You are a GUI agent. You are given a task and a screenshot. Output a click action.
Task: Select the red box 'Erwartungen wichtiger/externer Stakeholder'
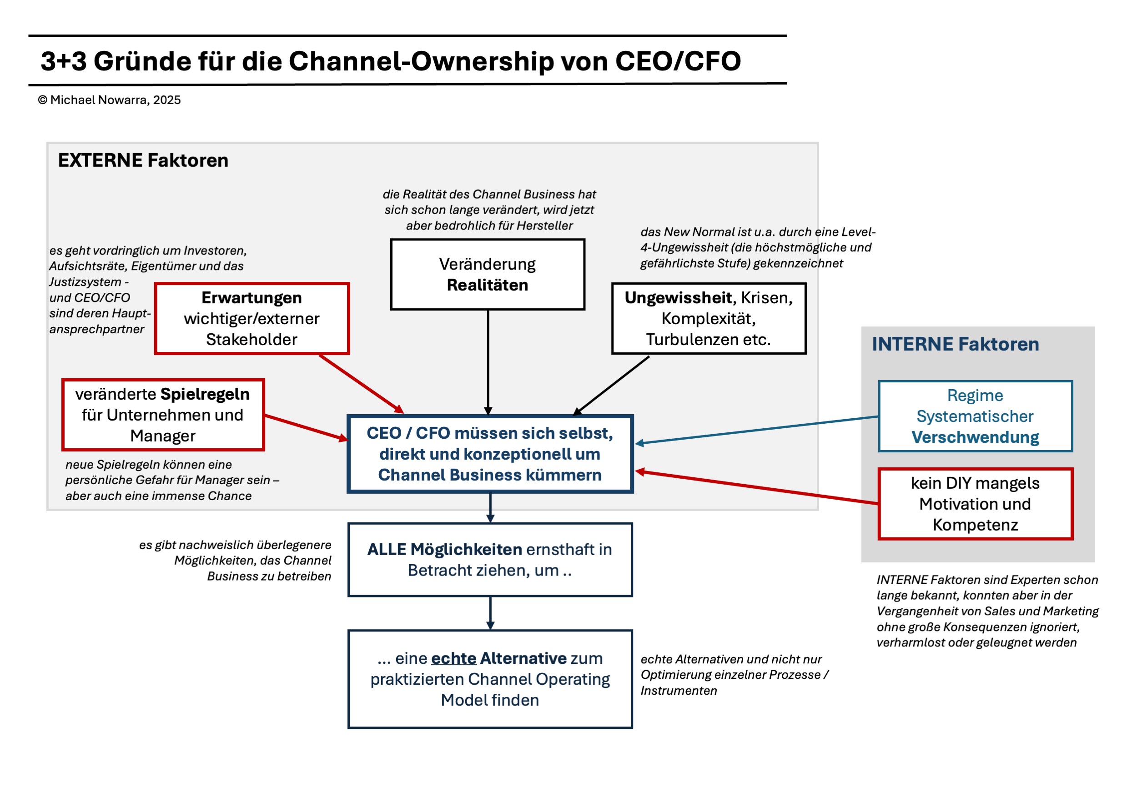252,318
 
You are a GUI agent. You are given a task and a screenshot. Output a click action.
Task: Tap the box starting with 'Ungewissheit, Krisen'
708,318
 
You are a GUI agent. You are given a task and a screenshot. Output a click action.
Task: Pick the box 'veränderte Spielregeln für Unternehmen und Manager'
163,414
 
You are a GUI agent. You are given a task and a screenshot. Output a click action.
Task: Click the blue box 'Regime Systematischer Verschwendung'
975,416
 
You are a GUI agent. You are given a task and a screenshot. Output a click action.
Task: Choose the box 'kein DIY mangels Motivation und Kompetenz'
975,503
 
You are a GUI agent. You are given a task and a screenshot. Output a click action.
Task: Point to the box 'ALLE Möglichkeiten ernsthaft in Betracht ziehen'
489,559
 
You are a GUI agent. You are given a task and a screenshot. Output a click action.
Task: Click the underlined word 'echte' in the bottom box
453,658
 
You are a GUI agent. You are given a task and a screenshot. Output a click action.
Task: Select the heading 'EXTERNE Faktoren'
143,160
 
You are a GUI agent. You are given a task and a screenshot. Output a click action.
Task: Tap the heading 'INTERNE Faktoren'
955,344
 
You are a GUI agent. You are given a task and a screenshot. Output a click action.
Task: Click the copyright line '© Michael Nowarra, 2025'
109,100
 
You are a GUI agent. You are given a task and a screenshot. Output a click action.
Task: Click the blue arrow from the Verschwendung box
757,430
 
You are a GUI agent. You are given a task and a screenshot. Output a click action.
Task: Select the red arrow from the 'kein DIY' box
757,487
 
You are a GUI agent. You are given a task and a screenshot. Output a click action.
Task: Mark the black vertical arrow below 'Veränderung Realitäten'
488,362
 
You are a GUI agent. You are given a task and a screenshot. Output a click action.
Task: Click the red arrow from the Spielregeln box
306,427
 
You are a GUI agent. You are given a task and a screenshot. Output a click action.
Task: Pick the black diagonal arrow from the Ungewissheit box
612,385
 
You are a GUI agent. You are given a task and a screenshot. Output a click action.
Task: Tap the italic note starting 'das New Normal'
757,247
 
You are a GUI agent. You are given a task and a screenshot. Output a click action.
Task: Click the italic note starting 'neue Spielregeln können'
172,480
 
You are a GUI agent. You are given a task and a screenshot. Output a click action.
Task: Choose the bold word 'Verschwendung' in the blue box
975,437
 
